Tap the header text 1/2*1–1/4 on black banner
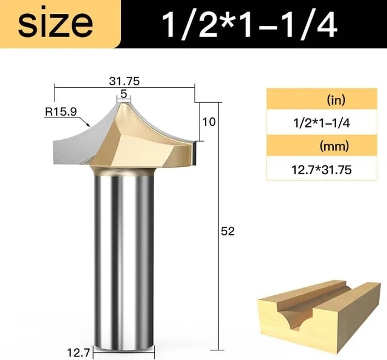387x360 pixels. pos(249,24)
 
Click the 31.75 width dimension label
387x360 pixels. pos(124,81)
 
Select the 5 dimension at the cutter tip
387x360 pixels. pos(123,94)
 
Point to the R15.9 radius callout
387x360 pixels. pos(60,111)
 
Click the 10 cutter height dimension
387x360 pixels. pos(209,122)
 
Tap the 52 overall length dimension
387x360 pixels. pos(227,232)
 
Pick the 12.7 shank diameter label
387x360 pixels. pos(79,353)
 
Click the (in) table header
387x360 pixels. pos(336,100)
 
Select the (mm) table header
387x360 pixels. pos(334,146)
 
